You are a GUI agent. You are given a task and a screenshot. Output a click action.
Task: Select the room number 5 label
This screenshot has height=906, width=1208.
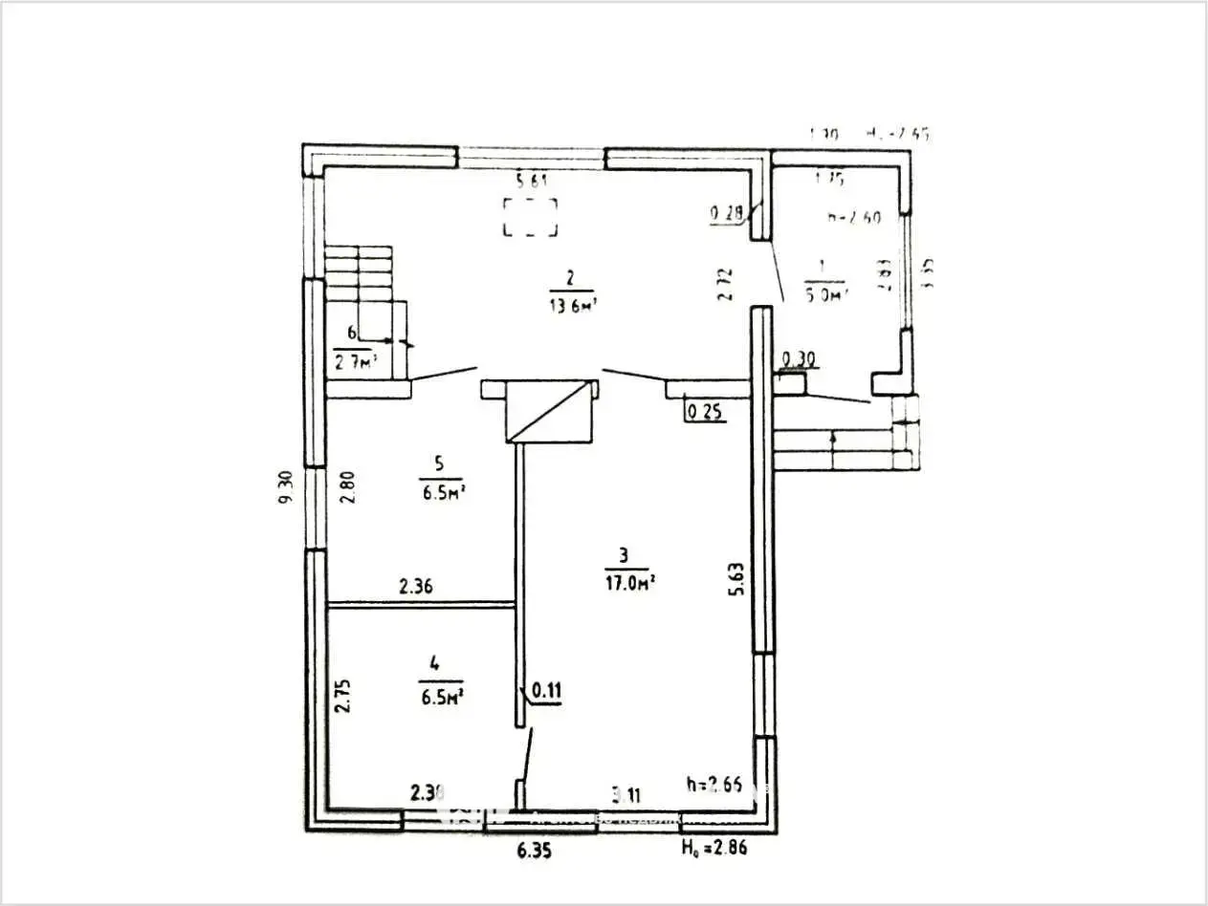click(x=439, y=464)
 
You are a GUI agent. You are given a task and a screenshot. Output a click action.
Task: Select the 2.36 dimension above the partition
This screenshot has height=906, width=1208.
click(x=415, y=587)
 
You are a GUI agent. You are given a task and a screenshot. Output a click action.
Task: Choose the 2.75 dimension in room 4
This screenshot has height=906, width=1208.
click(x=341, y=696)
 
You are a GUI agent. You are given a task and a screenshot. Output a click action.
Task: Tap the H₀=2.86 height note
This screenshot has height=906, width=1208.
click(x=714, y=848)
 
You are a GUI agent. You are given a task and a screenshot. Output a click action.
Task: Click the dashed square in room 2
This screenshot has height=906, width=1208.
click(x=531, y=216)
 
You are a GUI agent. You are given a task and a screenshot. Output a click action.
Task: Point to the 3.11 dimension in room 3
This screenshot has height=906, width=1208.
click(x=626, y=792)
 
